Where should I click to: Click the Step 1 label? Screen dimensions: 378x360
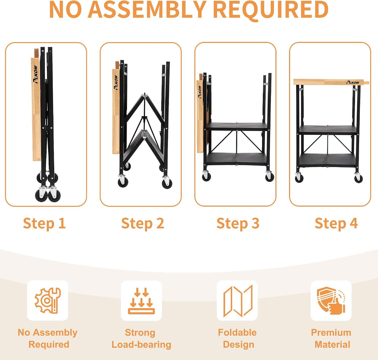point(44,223)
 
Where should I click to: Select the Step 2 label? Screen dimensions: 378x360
point(142,223)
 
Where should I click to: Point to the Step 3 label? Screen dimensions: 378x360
point(238,223)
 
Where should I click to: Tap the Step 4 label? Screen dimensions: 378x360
point(336,223)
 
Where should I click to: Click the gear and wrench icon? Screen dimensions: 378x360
point(48,300)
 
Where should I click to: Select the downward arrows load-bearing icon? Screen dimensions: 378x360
point(141,300)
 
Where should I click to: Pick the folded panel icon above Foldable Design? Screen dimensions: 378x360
point(238,301)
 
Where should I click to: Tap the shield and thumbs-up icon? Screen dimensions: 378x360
point(331,300)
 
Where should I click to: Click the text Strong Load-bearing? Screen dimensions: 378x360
point(141,339)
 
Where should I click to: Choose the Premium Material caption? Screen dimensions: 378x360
point(331,339)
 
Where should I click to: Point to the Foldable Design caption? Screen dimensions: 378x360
point(237,339)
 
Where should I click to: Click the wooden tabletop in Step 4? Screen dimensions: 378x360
point(331,82)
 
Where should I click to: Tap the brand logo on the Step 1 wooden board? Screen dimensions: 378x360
point(36,74)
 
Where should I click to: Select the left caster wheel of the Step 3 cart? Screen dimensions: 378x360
point(206,176)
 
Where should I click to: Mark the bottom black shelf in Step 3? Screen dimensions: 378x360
point(237,159)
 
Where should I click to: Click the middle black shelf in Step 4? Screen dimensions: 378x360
point(328,130)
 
